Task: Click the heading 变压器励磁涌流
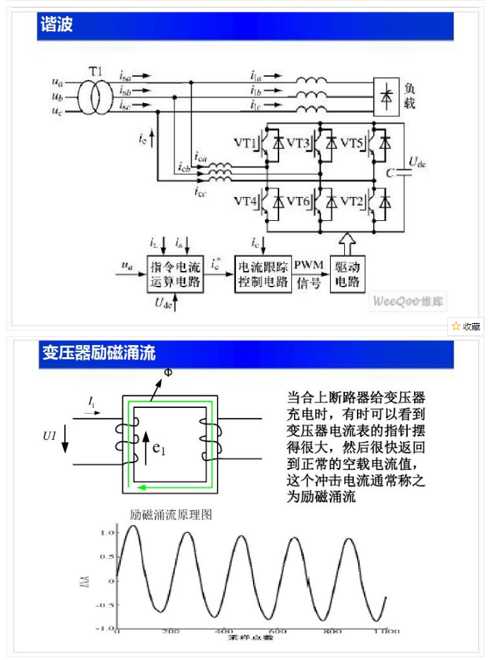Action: [x=98, y=353]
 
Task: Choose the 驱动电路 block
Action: [x=347, y=275]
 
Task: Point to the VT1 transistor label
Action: [x=247, y=144]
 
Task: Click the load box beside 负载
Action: [x=387, y=95]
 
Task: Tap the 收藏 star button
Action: [x=466, y=326]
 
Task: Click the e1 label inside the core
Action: [x=159, y=450]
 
